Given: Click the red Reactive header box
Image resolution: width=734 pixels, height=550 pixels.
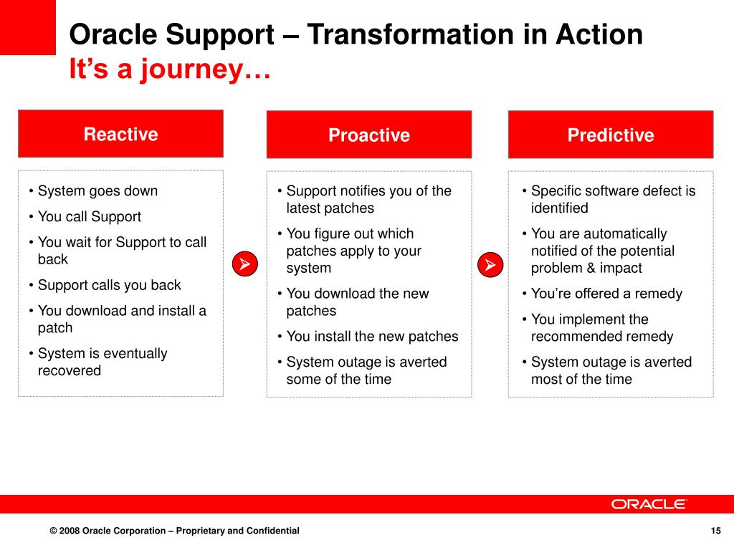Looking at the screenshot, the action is pyautogui.click(x=120, y=134).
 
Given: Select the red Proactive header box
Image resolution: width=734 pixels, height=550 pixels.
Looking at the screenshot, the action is pyautogui.click(x=369, y=135).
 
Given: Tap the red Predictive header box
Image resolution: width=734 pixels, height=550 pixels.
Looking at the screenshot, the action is pyautogui.click(x=611, y=135).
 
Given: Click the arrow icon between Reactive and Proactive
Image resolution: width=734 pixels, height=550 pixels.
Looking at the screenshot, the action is pyautogui.click(x=245, y=264).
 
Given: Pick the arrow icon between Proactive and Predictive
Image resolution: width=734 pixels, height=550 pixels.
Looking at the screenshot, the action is pyautogui.click(x=490, y=265).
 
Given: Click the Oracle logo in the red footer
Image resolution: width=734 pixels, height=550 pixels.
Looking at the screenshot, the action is pyautogui.click(x=648, y=504).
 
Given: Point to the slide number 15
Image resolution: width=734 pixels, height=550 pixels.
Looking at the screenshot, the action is pyautogui.click(x=716, y=531).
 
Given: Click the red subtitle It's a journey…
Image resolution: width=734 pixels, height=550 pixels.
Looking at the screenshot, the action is pyautogui.click(x=170, y=69).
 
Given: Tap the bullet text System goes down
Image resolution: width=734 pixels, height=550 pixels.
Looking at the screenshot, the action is pyautogui.click(x=97, y=190).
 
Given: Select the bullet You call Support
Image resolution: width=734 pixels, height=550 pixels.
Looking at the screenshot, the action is pyautogui.click(x=90, y=216).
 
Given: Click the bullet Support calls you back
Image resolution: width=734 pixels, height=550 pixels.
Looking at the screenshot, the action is pyautogui.click(x=109, y=285).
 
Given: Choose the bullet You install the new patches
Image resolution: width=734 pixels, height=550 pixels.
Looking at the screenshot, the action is pyautogui.click(x=372, y=337).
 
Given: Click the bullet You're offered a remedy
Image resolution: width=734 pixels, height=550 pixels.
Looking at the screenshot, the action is pyautogui.click(x=606, y=294).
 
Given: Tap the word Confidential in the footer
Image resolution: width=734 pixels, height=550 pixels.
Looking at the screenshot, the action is pyautogui.click(x=273, y=531).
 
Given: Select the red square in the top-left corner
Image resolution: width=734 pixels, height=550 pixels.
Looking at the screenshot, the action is pyautogui.click(x=28, y=27).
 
